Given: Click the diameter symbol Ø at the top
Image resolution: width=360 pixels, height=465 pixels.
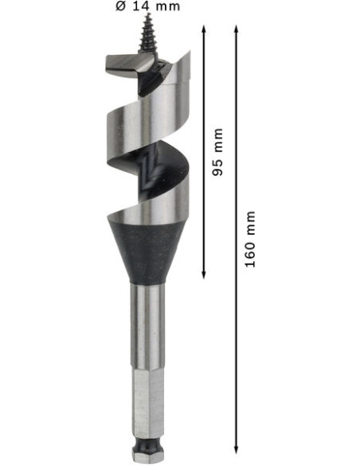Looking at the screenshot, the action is point(121,6).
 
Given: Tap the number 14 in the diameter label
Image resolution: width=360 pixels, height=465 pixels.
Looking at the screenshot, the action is point(140,6).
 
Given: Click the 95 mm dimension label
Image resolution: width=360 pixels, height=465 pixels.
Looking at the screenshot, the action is point(217,152).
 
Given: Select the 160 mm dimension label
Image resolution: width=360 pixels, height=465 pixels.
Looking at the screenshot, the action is point(250,239).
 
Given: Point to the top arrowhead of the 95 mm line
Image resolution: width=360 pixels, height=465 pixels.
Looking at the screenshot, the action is point(204,29).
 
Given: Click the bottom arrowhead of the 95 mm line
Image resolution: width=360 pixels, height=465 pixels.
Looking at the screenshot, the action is point(204,275).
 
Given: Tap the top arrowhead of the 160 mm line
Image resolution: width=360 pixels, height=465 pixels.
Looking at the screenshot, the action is point(237,29).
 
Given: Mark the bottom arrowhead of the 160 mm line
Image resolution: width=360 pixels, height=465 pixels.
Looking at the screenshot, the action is point(237,449).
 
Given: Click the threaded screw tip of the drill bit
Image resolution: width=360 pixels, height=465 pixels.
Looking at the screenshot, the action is point(147,33).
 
